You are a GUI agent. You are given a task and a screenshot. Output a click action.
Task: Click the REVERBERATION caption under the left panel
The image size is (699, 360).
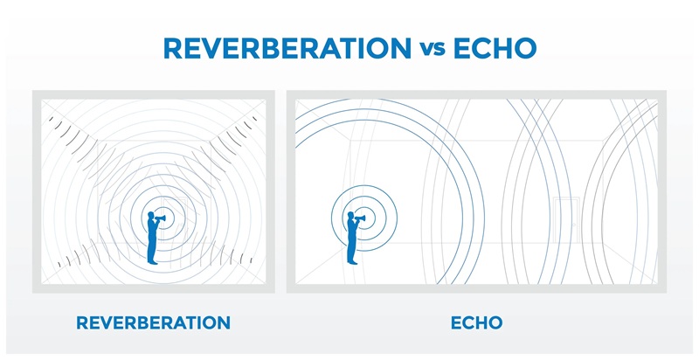pyautogui.click(x=154, y=323)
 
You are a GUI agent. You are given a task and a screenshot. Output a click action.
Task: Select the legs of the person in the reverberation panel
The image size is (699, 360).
pyautogui.click(x=152, y=251)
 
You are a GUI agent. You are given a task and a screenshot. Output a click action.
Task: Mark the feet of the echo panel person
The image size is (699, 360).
pyautogui.click(x=352, y=262)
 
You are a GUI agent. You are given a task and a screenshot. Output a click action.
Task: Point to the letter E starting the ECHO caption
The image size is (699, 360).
pyautogui.click(x=454, y=323)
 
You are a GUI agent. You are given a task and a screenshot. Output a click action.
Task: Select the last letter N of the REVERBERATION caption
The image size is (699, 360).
pyautogui.click(x=224, y=323)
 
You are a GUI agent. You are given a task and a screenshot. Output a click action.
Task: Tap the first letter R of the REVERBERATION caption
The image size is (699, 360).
pyautogui.click(x=83, y=323)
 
